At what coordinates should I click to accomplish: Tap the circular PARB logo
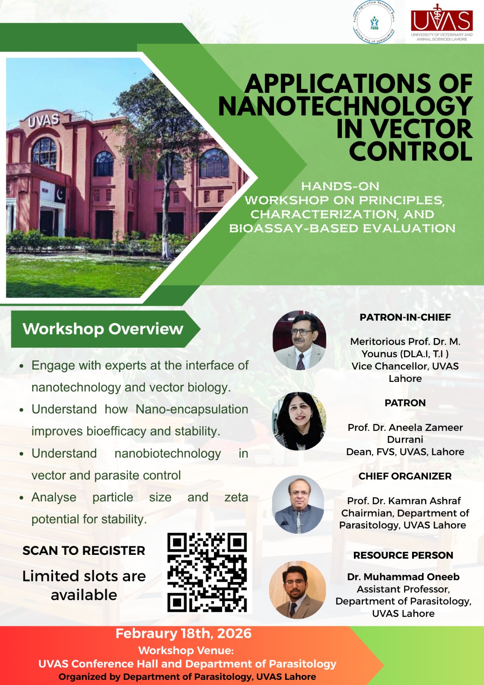374,22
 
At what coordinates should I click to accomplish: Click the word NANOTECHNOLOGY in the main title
345,106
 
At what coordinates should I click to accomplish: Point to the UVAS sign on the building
43,120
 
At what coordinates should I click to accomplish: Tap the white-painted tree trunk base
166,249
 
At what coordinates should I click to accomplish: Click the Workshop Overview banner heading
103,329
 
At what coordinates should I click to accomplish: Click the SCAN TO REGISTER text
84,551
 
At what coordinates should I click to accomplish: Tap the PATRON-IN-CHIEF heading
405,317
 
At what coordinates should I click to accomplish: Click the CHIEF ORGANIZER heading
405,476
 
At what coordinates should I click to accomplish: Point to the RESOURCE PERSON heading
403,555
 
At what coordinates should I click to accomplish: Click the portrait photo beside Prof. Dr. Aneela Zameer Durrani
299,421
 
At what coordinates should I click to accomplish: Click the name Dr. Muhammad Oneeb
403,577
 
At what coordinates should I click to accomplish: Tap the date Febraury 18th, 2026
184,634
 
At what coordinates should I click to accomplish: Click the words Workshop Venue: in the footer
186,650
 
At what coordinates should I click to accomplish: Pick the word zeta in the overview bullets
236,497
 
